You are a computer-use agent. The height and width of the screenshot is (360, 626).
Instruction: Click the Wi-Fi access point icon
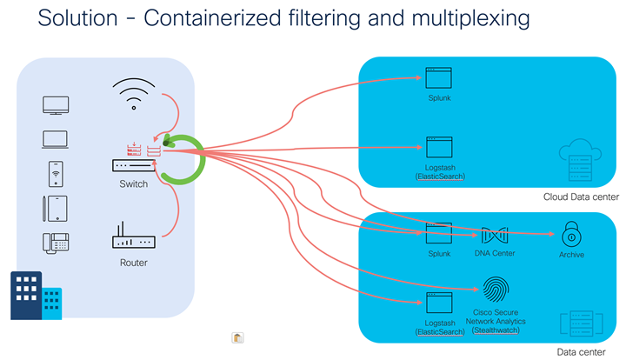click(x=133, y=93)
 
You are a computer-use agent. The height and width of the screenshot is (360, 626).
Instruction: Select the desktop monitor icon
click(x=56, y=106)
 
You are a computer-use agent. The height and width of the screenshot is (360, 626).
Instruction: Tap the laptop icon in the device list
click(x=56, y=139)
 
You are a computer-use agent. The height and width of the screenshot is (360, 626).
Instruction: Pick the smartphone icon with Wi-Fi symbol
click(x=56, y=173)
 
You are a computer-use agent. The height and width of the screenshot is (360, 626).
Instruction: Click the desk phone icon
click(x=56, y=243)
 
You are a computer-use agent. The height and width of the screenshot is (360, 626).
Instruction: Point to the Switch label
click(x=133, y=184)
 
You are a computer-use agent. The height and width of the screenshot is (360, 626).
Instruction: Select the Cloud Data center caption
click(x=581, y=197)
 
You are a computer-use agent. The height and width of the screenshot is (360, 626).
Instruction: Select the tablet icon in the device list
click(x=56, y=208)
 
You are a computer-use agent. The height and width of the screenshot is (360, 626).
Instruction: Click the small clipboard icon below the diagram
click(x=237, y=337)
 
